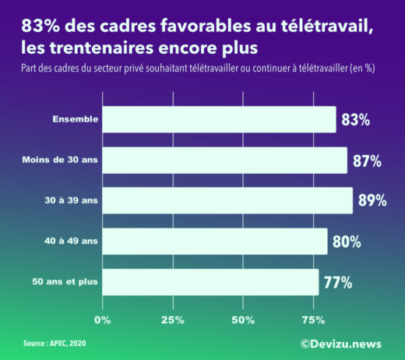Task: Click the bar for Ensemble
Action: pos(219,119)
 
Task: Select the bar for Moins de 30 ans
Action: pos(224,160)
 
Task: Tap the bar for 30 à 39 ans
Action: pos(227,200)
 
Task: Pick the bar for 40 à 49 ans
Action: pos(214,241)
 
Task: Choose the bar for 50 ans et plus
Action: pos(210,281)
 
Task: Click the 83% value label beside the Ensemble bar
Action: pos(354,120)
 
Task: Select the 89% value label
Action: pos(372,201)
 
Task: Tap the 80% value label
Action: pos(346,242)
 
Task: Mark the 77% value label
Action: pos(337,282)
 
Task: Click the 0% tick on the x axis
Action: pos(102,320)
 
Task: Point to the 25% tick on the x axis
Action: pos(172,320)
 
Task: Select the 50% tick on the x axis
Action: pos(243,320)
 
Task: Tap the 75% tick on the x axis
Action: pos(313,320)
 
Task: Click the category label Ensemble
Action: pos(75,119)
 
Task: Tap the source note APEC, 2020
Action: pos(56,343)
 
